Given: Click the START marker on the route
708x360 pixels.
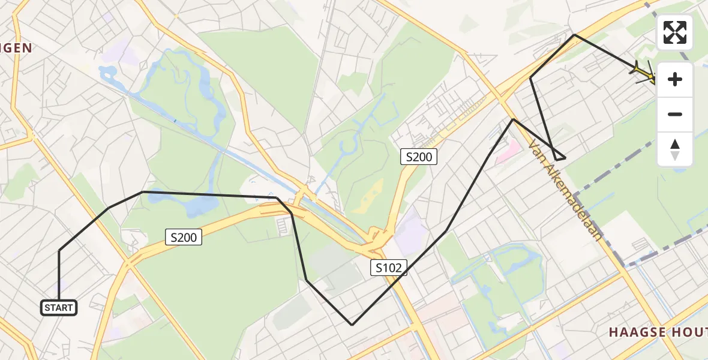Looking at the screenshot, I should point(59,308).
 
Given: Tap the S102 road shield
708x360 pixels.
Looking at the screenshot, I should point(388,268).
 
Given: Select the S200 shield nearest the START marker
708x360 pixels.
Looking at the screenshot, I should point(184,238).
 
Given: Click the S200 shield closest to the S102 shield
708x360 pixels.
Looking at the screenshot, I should point(419,157).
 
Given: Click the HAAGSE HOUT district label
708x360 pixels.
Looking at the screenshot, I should point(657,332).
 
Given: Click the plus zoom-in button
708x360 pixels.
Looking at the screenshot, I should point(675,80).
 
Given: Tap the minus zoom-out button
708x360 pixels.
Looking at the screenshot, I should point(675,115).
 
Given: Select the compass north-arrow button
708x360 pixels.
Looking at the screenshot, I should point(675,149).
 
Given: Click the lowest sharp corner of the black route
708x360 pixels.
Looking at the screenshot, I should point(352,325).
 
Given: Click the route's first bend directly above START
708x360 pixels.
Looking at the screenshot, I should point(59,251).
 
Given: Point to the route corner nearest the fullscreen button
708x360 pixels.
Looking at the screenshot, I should point(574,35).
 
